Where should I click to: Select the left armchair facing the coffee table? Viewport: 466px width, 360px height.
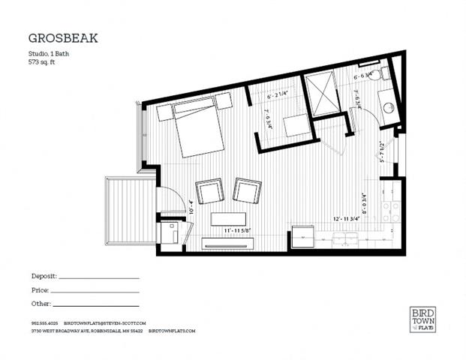(209, 190)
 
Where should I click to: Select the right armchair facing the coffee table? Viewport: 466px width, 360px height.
(245, 190)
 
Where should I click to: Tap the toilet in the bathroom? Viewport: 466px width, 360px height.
(384, 73)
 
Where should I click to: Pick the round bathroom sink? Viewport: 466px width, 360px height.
(390, 106)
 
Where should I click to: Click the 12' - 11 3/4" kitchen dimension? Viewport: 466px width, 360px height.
(350, 219)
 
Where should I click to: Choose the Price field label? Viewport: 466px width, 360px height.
(40, 290)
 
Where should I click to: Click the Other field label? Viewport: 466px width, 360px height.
(41, 304)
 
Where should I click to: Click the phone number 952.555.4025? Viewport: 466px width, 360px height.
(43, 323)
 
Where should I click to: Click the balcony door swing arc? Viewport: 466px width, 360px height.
(168, 196)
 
